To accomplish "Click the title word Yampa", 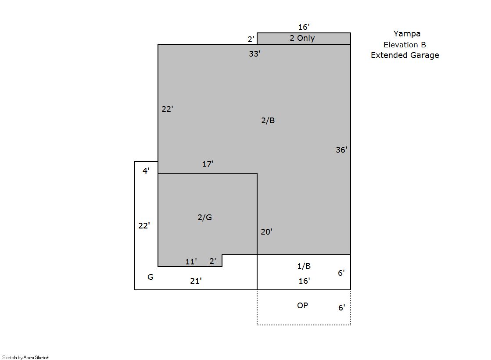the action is pos(407,34).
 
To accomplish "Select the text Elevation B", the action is pos(405,45).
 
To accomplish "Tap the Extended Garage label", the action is pos(405,55).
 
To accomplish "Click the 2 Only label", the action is pos(302,38).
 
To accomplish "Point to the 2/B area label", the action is pos(268,120).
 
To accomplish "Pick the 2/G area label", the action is pos(205,217).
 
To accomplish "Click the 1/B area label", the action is pos(304,266).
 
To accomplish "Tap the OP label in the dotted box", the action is pos(302,305).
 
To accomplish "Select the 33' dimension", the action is pos(254,54).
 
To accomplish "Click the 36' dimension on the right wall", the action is pos(341,150).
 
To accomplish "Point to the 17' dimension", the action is pos(208,164).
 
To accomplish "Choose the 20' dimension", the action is pos(266,232).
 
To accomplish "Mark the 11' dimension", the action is pos(191,261).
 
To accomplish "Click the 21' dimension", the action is pos(196,281).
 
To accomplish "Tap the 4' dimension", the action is pos(146,171).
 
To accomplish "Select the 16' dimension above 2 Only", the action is pos(304,27).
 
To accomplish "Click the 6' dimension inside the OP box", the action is pos(342,307).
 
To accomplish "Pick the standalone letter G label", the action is pos(151,277).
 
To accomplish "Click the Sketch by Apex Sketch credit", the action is pos(26,357).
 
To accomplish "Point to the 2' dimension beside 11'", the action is pos(213,261).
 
